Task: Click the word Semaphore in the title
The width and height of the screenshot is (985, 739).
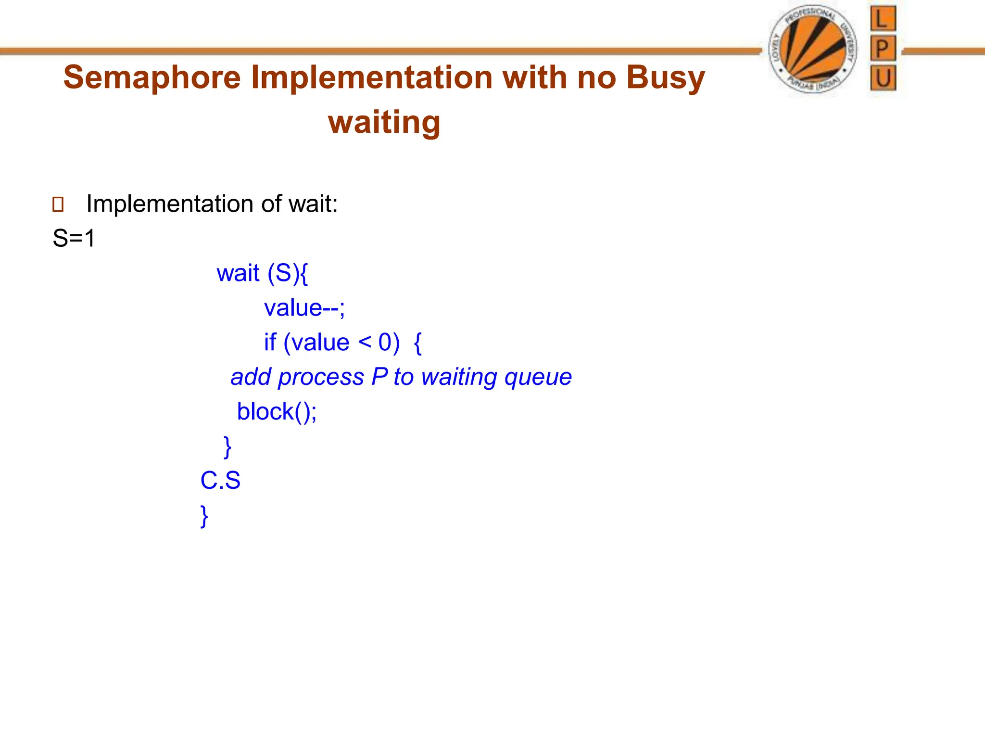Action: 152,77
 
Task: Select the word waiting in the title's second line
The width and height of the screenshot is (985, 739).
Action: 384,123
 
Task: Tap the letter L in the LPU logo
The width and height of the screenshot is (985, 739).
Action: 883,19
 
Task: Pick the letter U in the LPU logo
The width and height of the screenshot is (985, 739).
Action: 883,78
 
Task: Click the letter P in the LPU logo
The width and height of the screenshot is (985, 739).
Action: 883,49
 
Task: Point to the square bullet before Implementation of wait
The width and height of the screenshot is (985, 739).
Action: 58,204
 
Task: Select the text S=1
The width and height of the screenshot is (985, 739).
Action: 74,238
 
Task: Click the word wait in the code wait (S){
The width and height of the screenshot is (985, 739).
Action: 238,273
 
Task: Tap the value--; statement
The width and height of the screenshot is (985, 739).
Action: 304,308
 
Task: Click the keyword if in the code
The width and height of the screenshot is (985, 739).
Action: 270,343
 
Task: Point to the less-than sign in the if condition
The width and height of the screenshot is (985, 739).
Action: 365,343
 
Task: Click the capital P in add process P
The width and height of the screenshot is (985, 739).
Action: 379,377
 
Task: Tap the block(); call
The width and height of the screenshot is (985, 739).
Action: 277,412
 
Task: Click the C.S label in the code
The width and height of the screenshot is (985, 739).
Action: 220,481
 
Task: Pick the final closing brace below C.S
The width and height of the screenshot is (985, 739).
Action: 204,516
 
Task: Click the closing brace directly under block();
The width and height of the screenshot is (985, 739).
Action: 227,447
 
